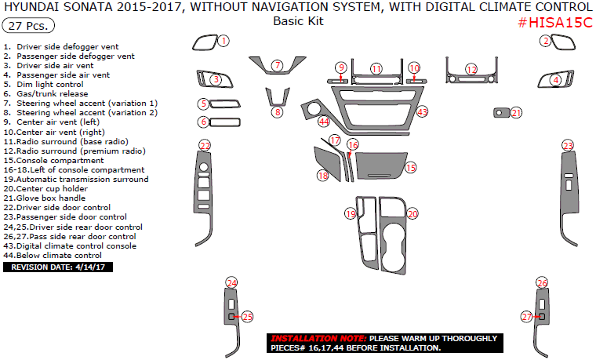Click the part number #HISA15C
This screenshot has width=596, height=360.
[555, 23]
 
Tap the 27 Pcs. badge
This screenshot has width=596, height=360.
[29, 26]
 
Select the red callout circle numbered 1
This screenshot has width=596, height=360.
[223, 40]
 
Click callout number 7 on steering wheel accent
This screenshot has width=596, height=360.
[277, 65]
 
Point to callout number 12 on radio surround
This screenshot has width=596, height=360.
[471, 70]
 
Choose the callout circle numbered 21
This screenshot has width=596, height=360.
[516, 113]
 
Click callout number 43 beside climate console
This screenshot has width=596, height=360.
[422, 112]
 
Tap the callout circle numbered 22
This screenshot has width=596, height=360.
[205, 146]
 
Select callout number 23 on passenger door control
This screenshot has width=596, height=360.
[567, 146]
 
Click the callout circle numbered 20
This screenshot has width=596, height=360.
[412, 213]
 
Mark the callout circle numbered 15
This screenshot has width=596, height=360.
[410, 167]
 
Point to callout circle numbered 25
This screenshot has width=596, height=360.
[247, 317]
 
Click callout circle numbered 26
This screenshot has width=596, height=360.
[541, 282]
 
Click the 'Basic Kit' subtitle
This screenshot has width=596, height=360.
[298, 22]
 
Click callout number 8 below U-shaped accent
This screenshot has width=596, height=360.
[277, 113]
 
